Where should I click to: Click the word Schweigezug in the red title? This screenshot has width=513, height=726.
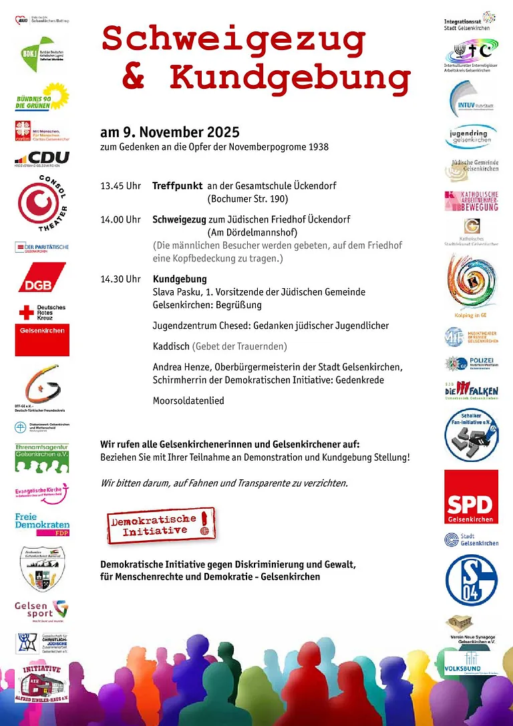click(234, 41)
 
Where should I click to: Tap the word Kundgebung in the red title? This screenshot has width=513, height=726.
click(289, 78)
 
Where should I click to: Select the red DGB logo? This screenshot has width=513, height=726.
click(41, 277)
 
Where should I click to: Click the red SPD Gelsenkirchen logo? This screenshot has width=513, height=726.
click(471, 497)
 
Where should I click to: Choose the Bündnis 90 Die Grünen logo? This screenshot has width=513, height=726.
click(42, 96)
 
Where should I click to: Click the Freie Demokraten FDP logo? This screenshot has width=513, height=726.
click(42, 525)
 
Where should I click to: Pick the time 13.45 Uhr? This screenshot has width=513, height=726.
click(120, 185)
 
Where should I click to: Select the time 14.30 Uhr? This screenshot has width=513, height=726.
click(120, 279)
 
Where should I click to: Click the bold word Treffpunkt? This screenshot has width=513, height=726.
click(178, 185)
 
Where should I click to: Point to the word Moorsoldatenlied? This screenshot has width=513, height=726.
click(188, 400)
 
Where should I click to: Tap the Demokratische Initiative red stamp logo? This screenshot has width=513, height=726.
click(162, 525)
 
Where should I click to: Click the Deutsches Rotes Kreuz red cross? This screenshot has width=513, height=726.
click(27, 312)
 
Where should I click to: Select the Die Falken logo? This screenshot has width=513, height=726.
click(471, 390)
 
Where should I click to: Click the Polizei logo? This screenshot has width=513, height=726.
click(471, 364)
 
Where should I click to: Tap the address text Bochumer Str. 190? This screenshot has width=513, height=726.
click(248, 199)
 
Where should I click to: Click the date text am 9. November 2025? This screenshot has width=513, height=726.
click(170, 132)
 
